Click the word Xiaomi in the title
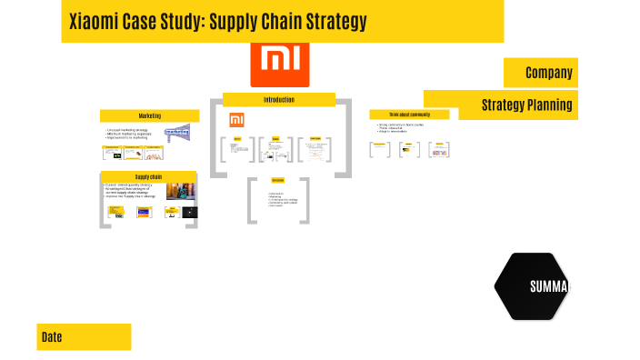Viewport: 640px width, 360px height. coord(94,22)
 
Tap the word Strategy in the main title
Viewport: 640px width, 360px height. coord(333,22)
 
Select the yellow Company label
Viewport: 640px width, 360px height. coord(548,72)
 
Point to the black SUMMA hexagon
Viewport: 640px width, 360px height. coord(537,286)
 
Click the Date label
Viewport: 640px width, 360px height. coord(52,337)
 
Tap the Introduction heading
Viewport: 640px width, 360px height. coord(279,99)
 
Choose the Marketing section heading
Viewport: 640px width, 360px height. coord(149,115)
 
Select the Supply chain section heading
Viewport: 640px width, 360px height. coord(149,176)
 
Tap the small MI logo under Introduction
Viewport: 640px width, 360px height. coord(236,119)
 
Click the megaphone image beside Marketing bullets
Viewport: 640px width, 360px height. coord(177,132)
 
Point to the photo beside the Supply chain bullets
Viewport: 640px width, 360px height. coord(180,191)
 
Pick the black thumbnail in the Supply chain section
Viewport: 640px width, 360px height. coord(190,212)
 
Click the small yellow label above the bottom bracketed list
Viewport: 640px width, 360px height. coord(278,180)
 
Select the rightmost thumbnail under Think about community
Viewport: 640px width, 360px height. coord(440,150)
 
